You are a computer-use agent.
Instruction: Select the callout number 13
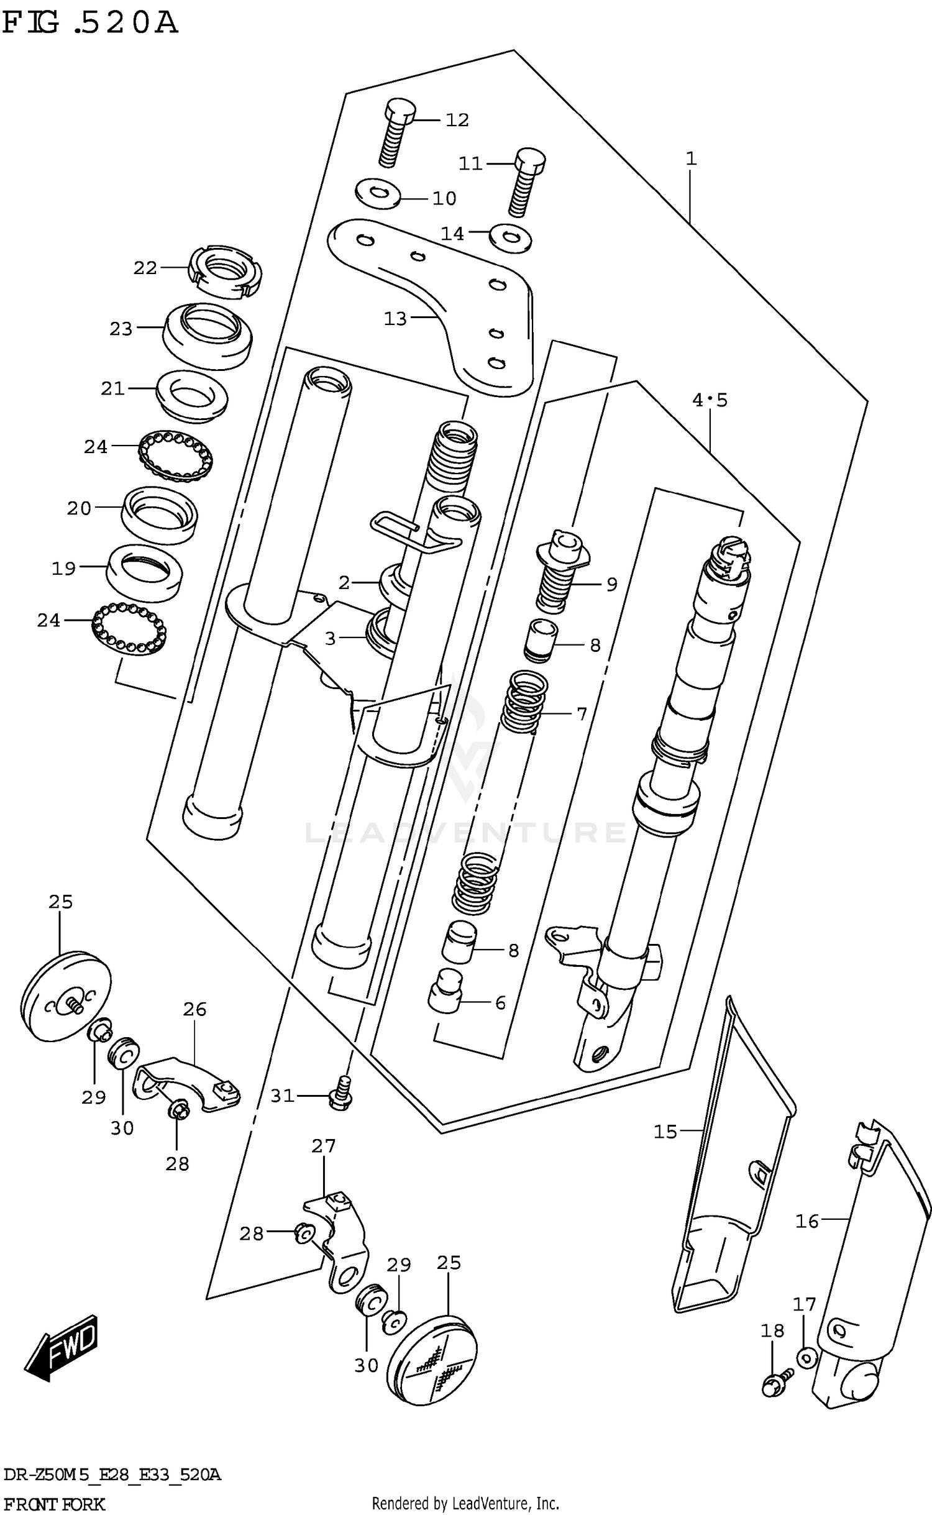[395, 319]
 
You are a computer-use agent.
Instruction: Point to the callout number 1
[691, 159]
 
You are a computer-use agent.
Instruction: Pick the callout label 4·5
[710, 400]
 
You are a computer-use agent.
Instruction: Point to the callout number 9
[611, 584]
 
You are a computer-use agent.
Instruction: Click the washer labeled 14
[510, 238]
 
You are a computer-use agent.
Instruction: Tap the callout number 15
[665, 1132]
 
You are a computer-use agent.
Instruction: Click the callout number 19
[63, 568]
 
